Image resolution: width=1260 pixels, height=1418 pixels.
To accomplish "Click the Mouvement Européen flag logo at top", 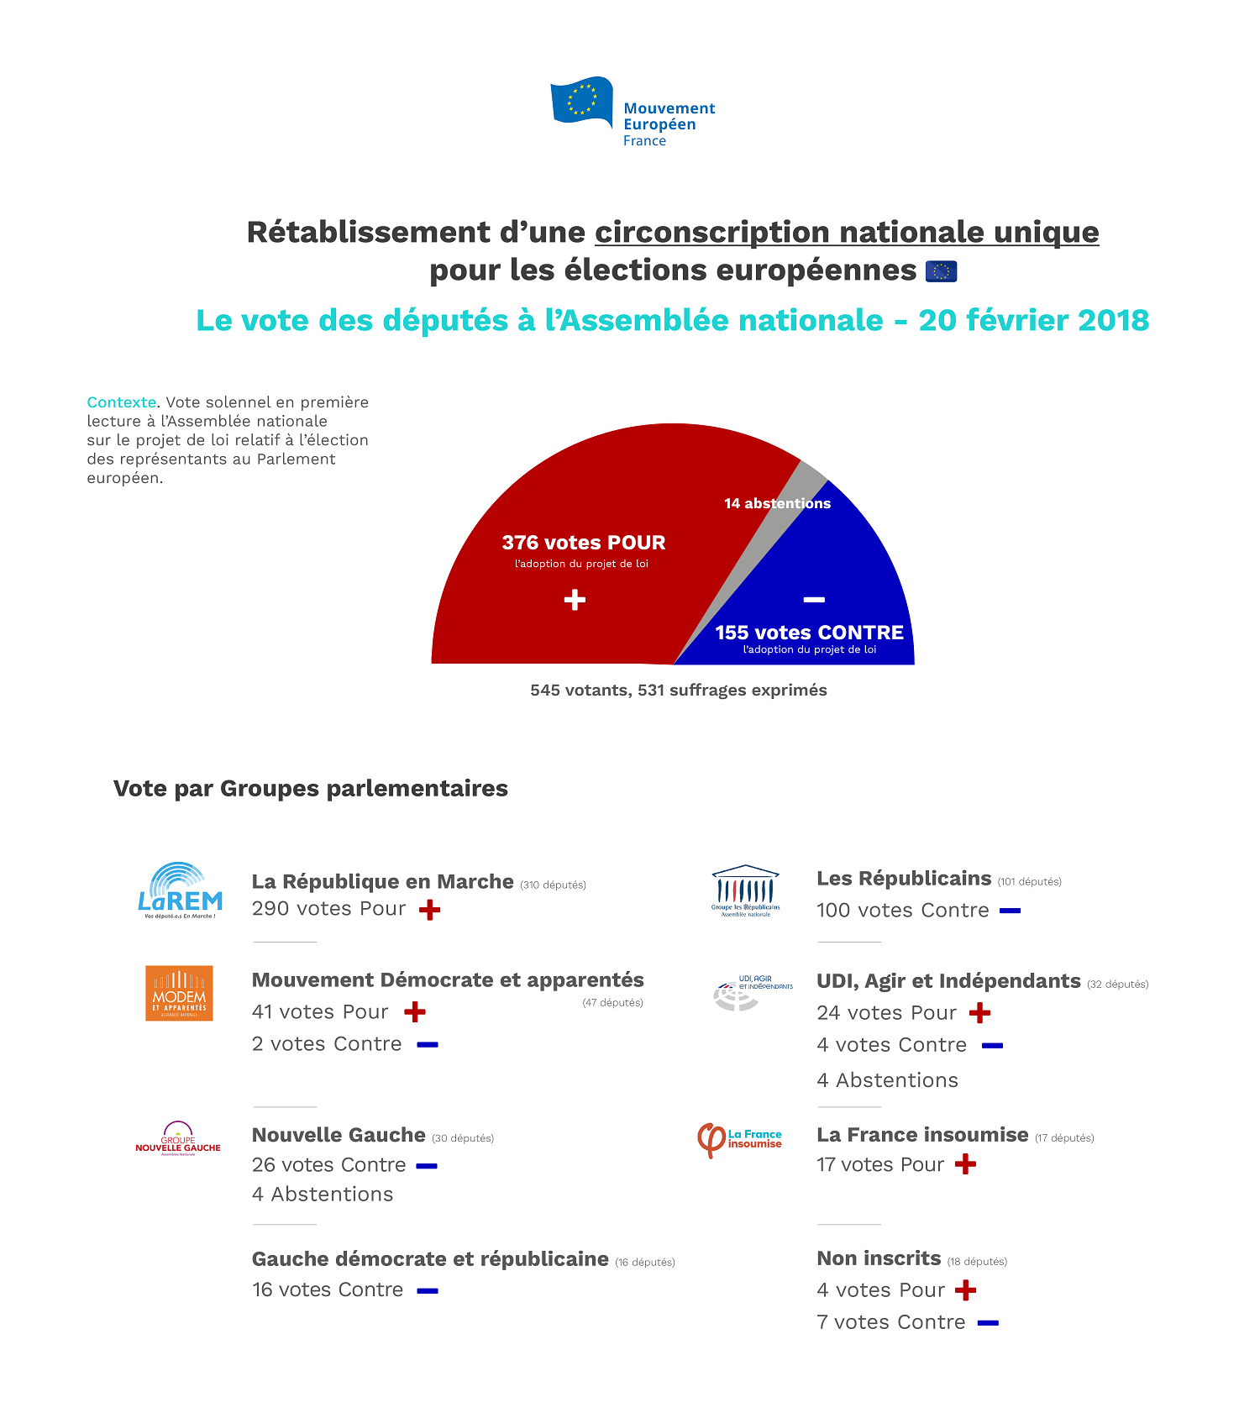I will click(581, 101).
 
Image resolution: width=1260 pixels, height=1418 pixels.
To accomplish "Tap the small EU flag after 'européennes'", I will click(941, 271).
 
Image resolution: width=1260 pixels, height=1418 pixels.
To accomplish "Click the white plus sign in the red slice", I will click(575, 600).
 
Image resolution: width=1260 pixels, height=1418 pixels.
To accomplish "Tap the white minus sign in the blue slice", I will click(814, 600).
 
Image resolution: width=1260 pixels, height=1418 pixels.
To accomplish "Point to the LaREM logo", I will click(180, 890).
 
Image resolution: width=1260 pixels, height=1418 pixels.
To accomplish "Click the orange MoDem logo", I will click(179, 993).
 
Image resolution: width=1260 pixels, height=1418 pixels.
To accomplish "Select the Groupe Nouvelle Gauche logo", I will click(178, 1139).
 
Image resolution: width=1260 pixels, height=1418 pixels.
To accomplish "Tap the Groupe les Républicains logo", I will click(745, 891).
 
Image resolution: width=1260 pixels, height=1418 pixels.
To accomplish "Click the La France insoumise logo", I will click(739, 1140).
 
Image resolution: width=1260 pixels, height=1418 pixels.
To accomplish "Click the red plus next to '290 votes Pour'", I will click(429, 910).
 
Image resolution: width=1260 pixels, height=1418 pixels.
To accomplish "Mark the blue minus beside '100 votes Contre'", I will click(1010, 911).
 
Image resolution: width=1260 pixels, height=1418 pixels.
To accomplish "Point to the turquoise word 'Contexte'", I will click(122, 402).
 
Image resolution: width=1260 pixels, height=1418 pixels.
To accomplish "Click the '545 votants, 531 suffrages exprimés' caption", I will click(678, 691).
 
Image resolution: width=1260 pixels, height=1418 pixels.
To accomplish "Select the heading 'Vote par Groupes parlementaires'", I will click(311, 789).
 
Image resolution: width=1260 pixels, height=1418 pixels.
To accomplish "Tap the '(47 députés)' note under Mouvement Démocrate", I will click(612, 1002).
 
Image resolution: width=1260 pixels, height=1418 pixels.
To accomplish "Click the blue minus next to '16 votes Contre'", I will click(428, 1291).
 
